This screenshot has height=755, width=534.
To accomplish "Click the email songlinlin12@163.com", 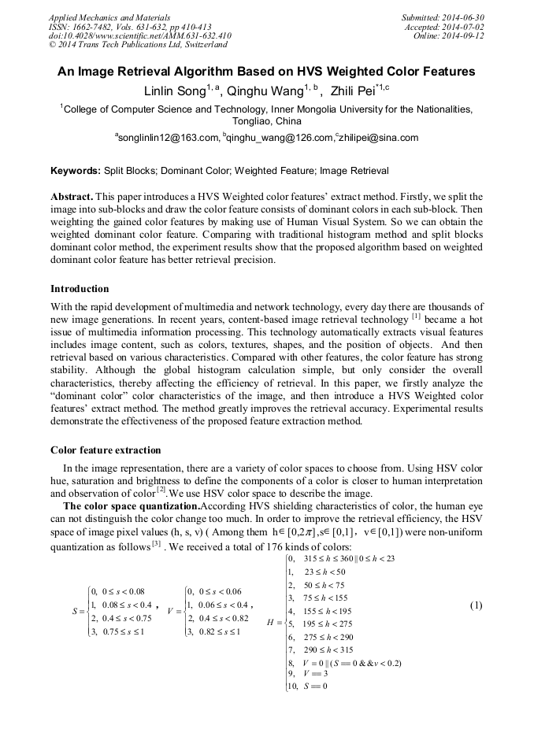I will tap(167, 138).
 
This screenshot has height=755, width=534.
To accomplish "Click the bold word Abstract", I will tap(72, 196).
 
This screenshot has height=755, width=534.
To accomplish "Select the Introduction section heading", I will tap(80, 289).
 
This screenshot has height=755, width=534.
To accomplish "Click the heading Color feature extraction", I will tap(106, 450).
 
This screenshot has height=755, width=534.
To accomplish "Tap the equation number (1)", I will tap(476, 605).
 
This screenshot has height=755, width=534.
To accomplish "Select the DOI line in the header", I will tap(139, 35).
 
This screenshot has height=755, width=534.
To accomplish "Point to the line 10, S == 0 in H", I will tap(309, 685).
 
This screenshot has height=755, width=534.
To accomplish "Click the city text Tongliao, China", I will tap(266, 122).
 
